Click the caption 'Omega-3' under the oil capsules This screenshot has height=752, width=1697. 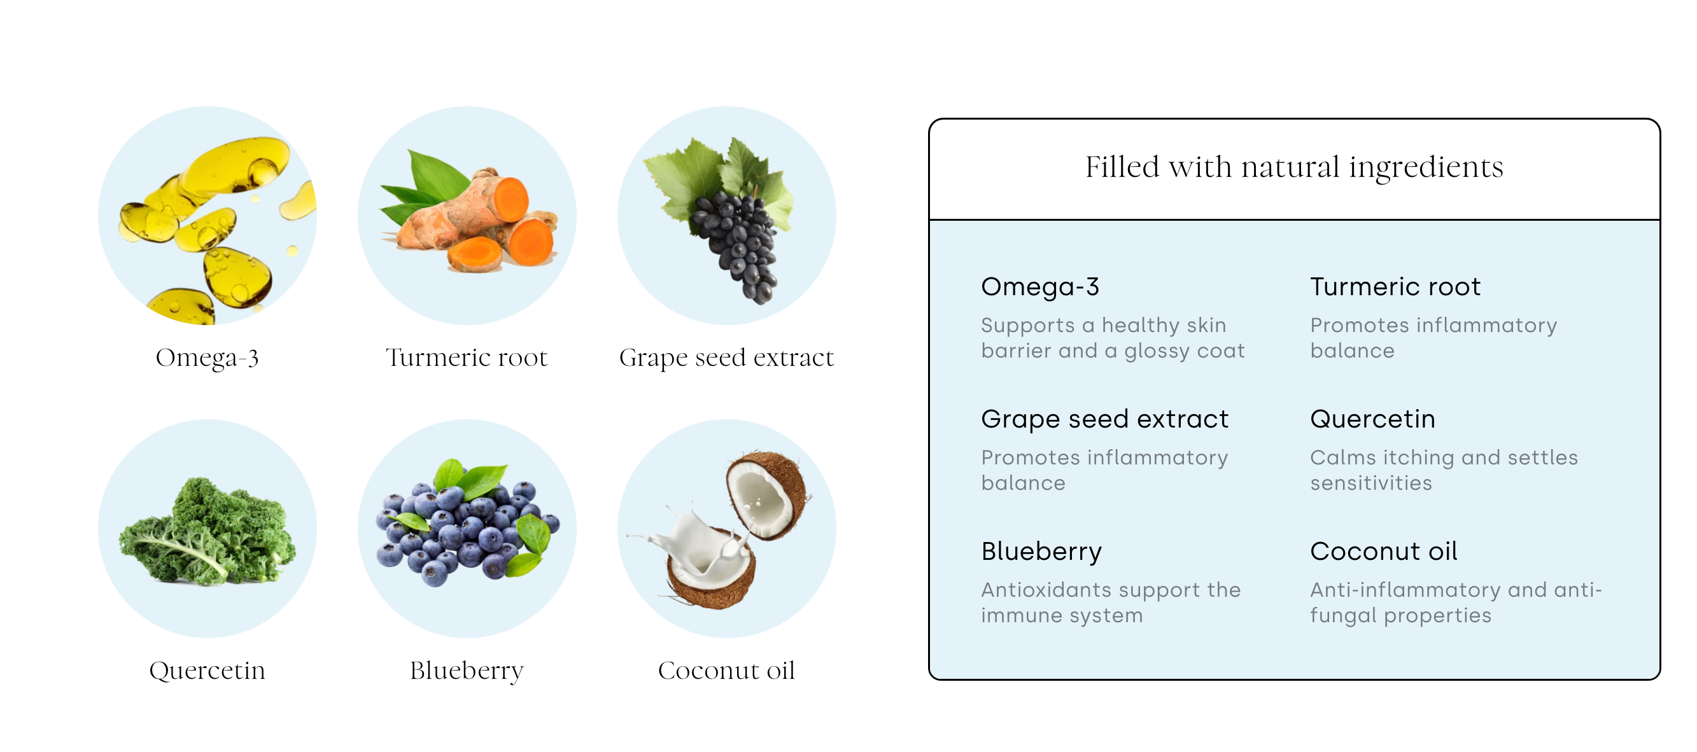207,358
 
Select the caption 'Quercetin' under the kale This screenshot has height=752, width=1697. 207,671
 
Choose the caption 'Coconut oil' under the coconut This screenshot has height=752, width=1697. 726,671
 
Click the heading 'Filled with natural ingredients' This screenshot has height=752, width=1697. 1294,167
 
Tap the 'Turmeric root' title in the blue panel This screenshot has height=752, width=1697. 1395,286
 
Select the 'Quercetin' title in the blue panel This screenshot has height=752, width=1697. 1372,419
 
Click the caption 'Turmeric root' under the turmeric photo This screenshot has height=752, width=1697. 467,358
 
